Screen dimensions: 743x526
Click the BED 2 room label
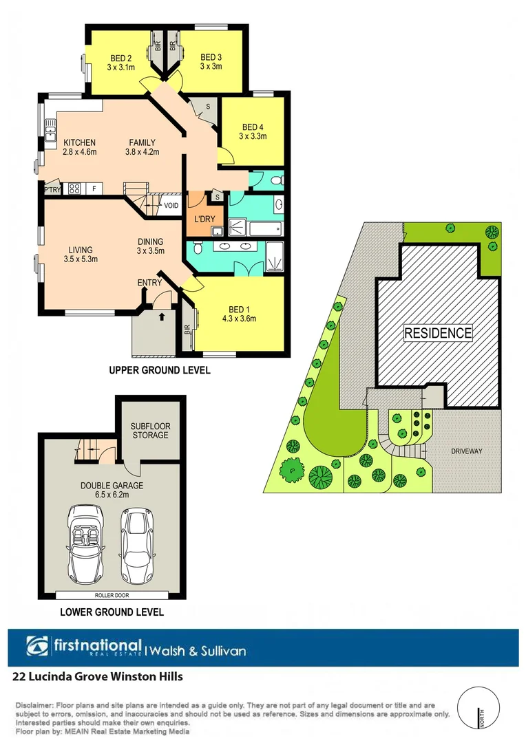click(x=120, y=58)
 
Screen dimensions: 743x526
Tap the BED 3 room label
click(x=212, y=57)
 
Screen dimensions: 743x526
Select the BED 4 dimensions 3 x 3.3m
click(x=253, y=136)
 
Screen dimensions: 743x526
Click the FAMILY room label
click(x=141, y=142)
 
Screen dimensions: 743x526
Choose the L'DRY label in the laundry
click(x=204, y=219)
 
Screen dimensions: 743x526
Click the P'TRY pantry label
click(x=52, y=189)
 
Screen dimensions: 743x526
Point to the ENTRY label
click(x=149, y=282)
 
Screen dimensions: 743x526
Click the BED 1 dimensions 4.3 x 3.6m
click(x=239, y=319)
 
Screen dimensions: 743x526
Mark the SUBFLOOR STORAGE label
click(x=149, y=431)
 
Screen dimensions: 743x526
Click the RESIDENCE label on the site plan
click(x=437, y=333)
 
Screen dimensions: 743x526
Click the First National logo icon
click(x=37, y=647)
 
